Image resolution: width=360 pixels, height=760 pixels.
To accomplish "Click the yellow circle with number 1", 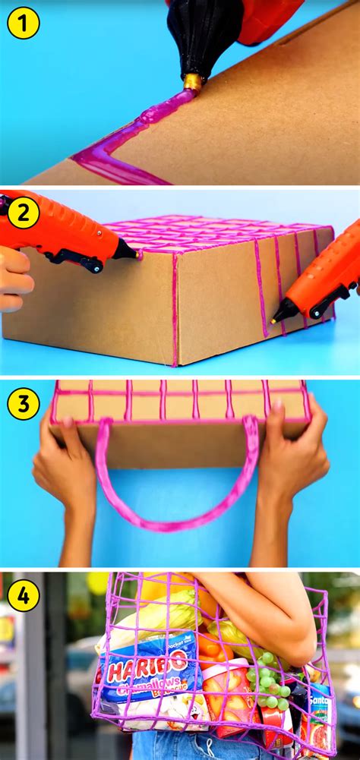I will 23,24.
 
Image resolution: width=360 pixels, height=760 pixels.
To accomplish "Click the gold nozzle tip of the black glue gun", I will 193,82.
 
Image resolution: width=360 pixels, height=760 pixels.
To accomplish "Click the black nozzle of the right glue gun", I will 285,311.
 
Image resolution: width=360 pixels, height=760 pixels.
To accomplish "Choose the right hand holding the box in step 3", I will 296,456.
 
